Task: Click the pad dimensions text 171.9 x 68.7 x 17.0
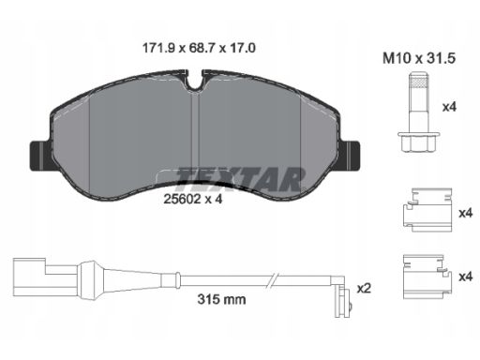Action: (x=199, y=48)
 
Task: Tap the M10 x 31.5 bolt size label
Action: (x=419, y=58)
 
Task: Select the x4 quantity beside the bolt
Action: (x=449, y=107)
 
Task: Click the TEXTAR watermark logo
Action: (x=241, y=180)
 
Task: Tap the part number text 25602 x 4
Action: (x=193, y=199)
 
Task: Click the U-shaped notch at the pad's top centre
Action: (x=196, y=81)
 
